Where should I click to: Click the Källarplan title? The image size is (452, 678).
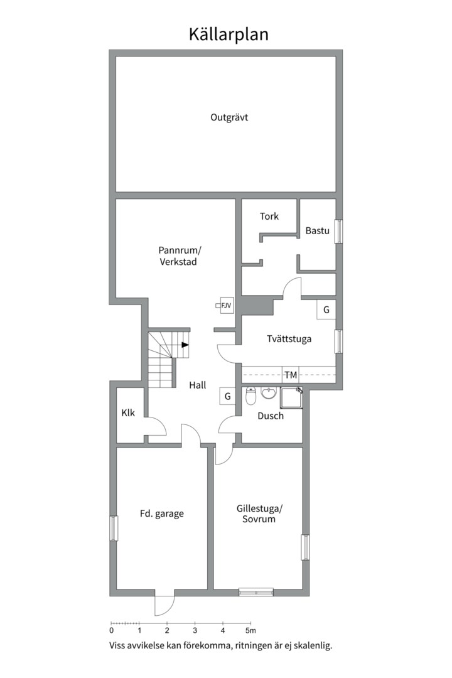pyautogui.click(x=229, y=35)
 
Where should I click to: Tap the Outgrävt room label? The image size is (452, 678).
pyautogui.click(x=229, y=117)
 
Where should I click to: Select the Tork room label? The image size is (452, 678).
pyautogui.click(x=269, y=216)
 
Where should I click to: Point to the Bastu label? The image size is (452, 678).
pyautogui.click(x=318, y=230)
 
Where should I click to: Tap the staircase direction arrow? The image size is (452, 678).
pyautogui.click(x=185, y=345)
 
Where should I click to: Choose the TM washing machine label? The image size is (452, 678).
pyautogui.click(x=291, y=375)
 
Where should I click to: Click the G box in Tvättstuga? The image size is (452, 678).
pyautogui.click(x=326, y=309)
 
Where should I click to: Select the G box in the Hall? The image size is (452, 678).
pyautogui.click(x=227, y=396)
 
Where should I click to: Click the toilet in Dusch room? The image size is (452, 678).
pyautogui.click(x=251, y=395)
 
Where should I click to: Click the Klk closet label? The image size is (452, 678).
pyautogui.click(x=128, y=413)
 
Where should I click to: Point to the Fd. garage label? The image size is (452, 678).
pyautogui.click(x=162, y=514)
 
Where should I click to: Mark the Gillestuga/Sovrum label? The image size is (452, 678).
pyautogui.click(x=259, y=514)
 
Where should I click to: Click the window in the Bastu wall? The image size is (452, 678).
pyautogui.click(x=339, y=231)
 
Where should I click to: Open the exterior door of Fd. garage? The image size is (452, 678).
pyautogui.click(x=165, y=605)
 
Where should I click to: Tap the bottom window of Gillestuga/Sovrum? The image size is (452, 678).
pyautogui.click(x=256, y=592)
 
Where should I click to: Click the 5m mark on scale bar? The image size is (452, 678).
pyautogui.click(x=250, y=630)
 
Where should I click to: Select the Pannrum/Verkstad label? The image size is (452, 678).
pyautogui.click(x=179, y=256)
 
